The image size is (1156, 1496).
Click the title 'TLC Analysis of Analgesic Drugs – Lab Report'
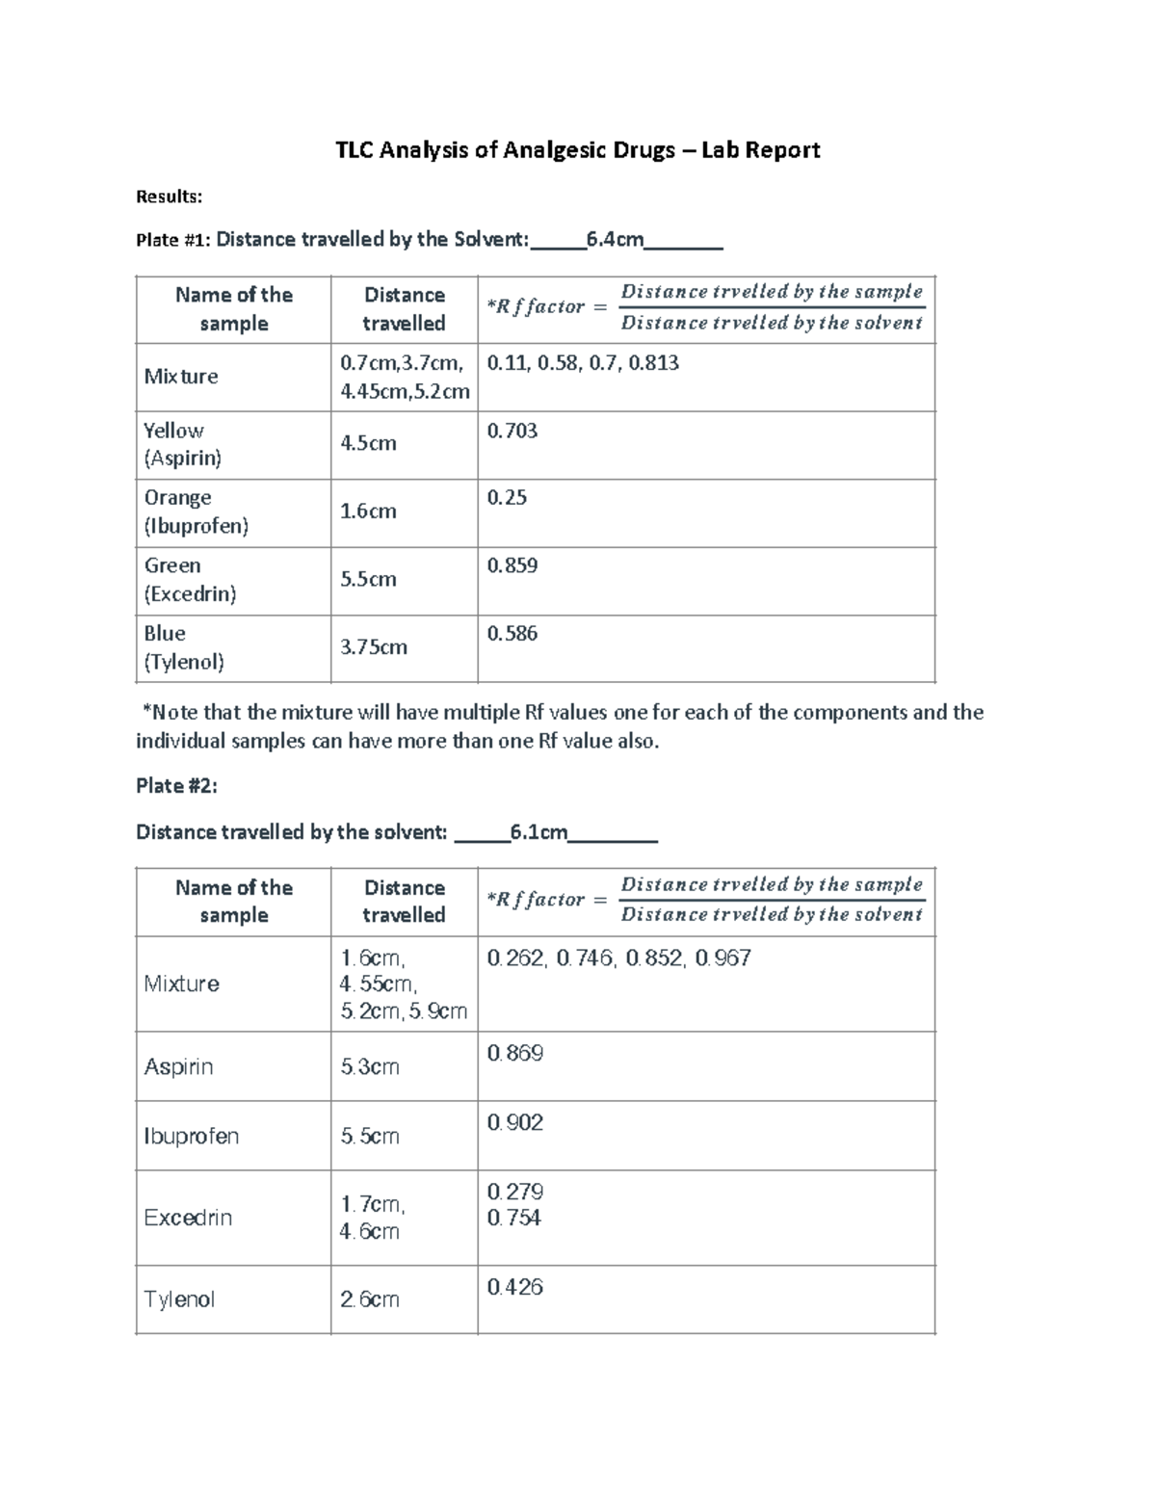click(x=577, y=150)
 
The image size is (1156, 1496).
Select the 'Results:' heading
click(x=169, y=197)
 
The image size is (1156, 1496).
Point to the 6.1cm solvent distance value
click(x=539, y=831)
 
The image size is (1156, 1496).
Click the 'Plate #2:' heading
click(x=176, y=786)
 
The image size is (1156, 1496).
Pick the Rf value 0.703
click(x=512, y=431)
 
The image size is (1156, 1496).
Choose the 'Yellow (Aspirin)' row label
click(x=183, y=444)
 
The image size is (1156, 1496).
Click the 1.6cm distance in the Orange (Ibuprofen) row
click(x=368, y=512)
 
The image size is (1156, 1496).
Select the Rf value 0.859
click(x=512, y=565)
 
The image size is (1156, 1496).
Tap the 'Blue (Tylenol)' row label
click(x=184, y=647)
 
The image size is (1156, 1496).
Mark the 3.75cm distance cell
click(x=374, y=647)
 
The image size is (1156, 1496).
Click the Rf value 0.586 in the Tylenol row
click(x=512, y=634)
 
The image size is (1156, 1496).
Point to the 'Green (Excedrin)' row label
click(x=190, y=579)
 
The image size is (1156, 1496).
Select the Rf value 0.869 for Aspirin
click(x=515, y=1053)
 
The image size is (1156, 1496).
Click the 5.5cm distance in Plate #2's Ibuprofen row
click(x=370, y=1137)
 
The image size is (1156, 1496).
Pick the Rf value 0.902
click(x=515, y=1122)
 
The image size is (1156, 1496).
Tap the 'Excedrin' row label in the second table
click(x=188, y=1218)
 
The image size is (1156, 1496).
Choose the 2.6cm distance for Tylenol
click(x=370, y=1299)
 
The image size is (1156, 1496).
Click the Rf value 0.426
click(x=515, y=1287)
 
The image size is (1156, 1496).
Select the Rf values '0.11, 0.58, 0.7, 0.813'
click(x=583, y=363)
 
